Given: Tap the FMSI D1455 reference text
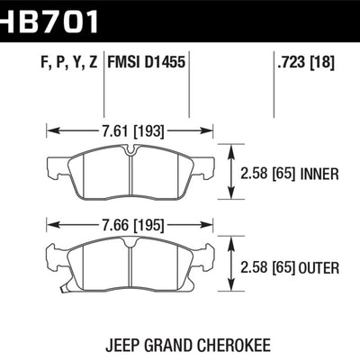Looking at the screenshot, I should [148, 65].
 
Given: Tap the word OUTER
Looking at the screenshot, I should [320, 267].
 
